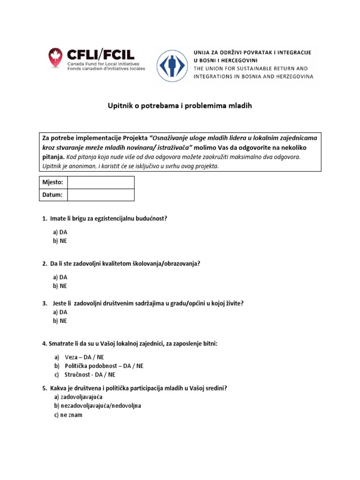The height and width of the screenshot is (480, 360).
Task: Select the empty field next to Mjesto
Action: pos(101,182)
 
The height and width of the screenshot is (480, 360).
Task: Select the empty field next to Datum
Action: pos(101,195)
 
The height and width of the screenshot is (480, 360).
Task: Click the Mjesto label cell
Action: pos(52,182)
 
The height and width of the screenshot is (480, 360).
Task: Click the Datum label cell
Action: pos(52,195)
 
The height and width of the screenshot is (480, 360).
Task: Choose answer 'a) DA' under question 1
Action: pos(60,232)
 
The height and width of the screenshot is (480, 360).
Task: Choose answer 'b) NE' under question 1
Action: pos(60,241)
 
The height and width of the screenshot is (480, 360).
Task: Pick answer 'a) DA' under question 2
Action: pos(60,277)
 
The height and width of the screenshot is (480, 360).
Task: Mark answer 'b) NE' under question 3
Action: pos(60,321)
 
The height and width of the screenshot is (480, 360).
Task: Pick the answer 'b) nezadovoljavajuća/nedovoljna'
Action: pos(97,406)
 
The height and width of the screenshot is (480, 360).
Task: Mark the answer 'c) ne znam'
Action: pos(68,415)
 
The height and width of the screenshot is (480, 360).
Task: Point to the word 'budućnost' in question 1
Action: pos(153,218)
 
